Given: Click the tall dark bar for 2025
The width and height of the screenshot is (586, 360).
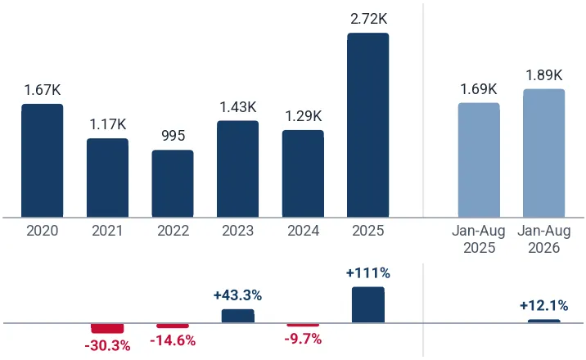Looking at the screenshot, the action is pyautogui.click(x=368, y=125).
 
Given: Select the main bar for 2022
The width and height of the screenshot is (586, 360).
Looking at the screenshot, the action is pyautogui.click(x=173, y=184).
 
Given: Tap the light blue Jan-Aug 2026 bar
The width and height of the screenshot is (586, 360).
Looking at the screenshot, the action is pyautogui.click(x=543, y=153).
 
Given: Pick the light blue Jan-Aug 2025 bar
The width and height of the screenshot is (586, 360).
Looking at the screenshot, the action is pyautogui.click(x=479, y=160).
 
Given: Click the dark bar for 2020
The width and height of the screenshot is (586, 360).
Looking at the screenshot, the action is pyautogui.click(x=43, y=160).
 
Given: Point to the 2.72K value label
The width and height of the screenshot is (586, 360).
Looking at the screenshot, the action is pyautogui.click(x=368, y=19).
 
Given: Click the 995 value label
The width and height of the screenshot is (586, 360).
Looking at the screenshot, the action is pyautogui.click(x=173, y=136).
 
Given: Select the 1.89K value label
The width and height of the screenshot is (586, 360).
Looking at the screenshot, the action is pyautogui.click(x=544, y=75).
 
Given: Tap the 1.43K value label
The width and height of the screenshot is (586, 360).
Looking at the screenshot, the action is pyautogui.click(x=238, y=107).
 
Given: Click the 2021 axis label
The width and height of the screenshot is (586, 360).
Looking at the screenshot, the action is pyautogui.click(x=107, y=231).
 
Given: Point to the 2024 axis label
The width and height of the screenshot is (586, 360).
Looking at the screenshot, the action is pyautogui.click(x=303, y=231).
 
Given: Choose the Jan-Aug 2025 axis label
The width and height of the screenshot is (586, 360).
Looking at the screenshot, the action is pyautogui.click(x=479, y=239).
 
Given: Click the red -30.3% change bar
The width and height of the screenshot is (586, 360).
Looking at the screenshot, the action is pyautogui.click(x=107, y=328).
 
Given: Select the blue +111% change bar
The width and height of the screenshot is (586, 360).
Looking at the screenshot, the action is pyautogui.click(x=368, y=304).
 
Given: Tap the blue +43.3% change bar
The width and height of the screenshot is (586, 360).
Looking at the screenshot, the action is pyautogui.click(x=238, y=316).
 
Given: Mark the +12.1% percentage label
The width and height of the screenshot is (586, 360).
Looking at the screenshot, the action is pyautogui.click(x=543, y=306).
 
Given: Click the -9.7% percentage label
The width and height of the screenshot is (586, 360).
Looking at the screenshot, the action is pyautogui.click(x=303, y=339).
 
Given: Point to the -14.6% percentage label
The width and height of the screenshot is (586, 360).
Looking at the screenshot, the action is pyautogui.click(x=173, y=340).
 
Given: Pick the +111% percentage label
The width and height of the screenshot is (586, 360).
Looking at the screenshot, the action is pyautogui.click(x=368, y=273).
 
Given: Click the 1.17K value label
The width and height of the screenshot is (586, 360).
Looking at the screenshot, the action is pyautogui.click(x=108, y=124).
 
